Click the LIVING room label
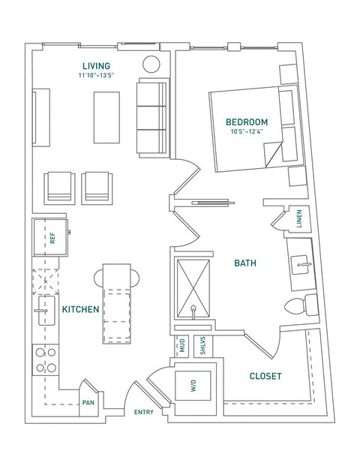(x=96, y=66)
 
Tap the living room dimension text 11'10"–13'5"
(x=96, y=76)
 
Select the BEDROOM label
(x=247, y=122)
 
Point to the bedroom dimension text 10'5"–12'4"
(x=247, y=131)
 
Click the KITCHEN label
(x=80, y=309)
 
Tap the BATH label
(x=245, y=263)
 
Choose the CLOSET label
(x=265, y=376)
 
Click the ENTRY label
(x=144, y=412)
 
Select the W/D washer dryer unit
(x=193, y=386)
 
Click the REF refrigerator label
(x=52, y=238)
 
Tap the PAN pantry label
(x=88, y=403)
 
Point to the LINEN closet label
(x=299, y=218)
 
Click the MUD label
(x=182, y=345)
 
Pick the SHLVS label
(x=202, y=345)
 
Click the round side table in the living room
(x=151, y=64)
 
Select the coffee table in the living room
(x=107, y=117)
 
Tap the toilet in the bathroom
(x=301, y=305)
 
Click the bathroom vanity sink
(x=301, y=264)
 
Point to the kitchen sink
(x=46, y=311)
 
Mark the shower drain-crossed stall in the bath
(x=193, y=289)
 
